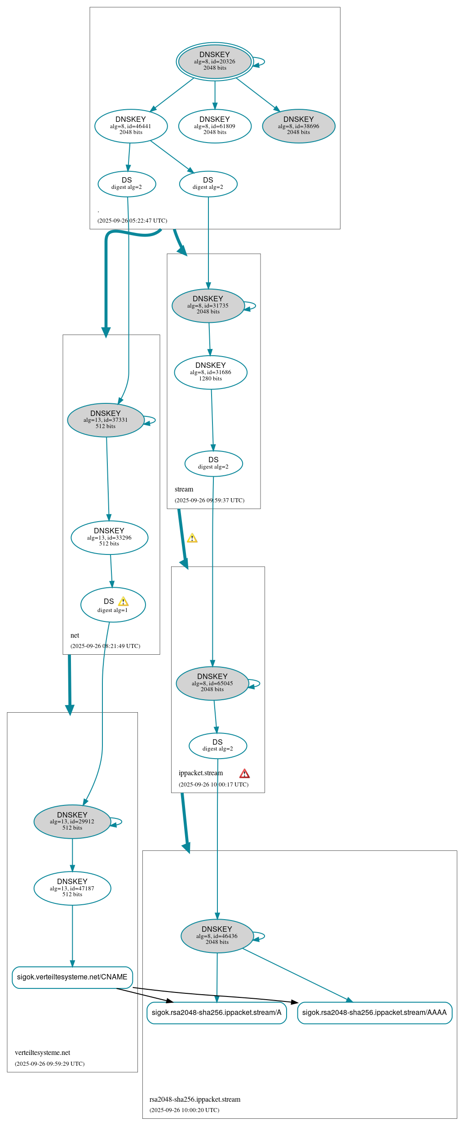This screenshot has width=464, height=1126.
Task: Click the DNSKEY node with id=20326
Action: click(215, 62)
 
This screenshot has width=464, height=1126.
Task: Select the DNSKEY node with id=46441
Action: click(131, 126)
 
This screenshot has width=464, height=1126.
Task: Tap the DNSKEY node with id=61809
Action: click(215, 126)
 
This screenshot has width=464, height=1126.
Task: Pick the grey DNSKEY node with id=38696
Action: click(299, 126)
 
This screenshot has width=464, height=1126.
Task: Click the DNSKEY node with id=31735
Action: click(208, 305)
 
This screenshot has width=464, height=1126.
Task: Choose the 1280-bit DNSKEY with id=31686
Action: click(211, 372)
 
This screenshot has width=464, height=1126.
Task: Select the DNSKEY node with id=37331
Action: click(106, 420)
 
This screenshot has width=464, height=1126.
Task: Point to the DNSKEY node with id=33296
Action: click(109, 537)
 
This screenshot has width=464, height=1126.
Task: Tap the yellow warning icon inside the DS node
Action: click(123, 602)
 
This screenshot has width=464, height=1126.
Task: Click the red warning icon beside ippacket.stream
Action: click(244, 773)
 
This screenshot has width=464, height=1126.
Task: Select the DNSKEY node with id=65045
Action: click(212, 683)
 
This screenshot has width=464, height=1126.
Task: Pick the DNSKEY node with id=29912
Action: click(72, 822)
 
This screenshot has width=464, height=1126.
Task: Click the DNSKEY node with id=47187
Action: click(72, 888)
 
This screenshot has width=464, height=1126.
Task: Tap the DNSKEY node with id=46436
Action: click(217, 936)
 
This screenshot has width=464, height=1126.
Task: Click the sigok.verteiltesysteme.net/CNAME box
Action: click(72, 977)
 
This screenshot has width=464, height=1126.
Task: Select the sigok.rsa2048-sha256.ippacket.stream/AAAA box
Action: click(375, 1013)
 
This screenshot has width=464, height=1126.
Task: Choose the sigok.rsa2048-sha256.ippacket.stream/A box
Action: click(217, 1013)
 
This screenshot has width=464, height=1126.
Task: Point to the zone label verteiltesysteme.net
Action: click(43, 1053)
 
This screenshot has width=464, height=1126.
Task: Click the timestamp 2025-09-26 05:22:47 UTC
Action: click(132, 221)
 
